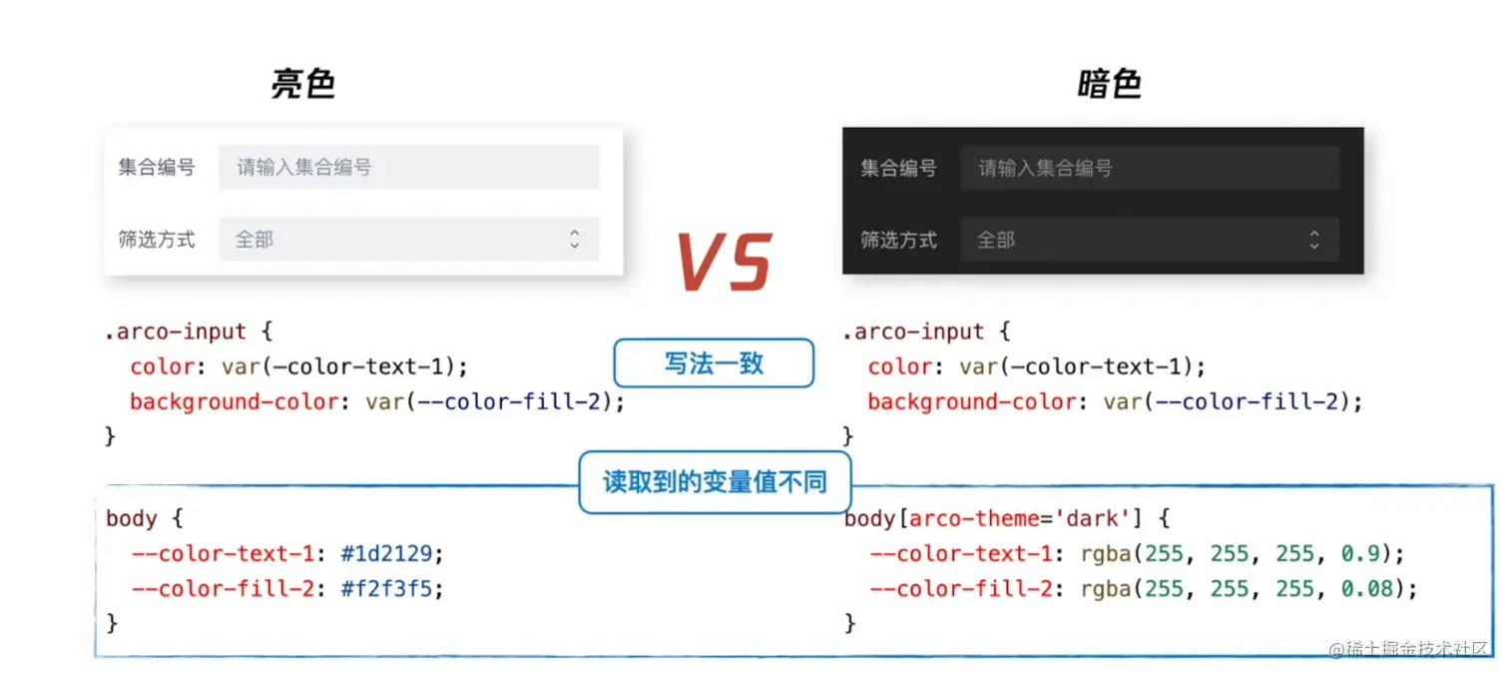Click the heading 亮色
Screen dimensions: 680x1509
(x=302, y=85)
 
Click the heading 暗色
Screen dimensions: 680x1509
(x=1109, y=85)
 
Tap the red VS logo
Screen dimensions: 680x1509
(x=724, y=263)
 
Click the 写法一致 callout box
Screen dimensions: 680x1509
(x=714, y=363)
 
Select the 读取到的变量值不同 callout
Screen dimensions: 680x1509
(x=715, y=483)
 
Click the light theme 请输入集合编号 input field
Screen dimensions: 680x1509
(x=408, y=167)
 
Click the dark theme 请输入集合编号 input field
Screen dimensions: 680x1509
(x=1149, y=168)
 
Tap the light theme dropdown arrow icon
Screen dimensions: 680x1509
(x=575, y=240)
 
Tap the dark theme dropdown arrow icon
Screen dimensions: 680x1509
(x=1314, y=240)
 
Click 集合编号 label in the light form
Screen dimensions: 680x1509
(x=157, y=167)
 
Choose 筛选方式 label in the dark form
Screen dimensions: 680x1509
(x=898, y=240)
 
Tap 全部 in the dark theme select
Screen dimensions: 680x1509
(x=995, y=240)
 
